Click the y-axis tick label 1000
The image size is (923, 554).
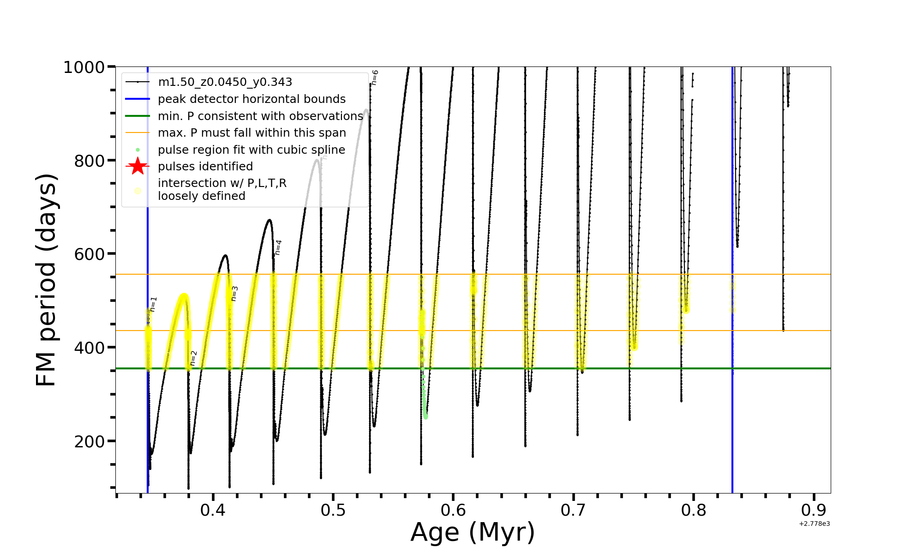[84, 67]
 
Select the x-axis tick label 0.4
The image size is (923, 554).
[213, 510]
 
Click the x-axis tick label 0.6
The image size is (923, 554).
[453, 510]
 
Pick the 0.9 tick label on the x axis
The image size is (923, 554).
[814, 510]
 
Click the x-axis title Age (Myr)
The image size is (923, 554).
[473, 532]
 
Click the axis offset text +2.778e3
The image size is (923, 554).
[814, 524]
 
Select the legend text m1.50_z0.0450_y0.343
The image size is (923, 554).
[225, 82]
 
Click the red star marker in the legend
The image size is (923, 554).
[138, 166]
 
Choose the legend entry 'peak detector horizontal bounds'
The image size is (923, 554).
[252, 99]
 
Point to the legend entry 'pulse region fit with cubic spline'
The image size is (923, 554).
[251, 150]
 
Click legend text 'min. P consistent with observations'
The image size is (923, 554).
[260, 116]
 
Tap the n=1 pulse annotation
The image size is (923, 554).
[154, 304]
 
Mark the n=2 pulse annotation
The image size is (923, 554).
[194, 358]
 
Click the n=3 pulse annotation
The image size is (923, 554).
[234, 294]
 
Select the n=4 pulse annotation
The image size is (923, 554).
[278, 247]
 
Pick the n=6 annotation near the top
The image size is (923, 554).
[375, 78]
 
